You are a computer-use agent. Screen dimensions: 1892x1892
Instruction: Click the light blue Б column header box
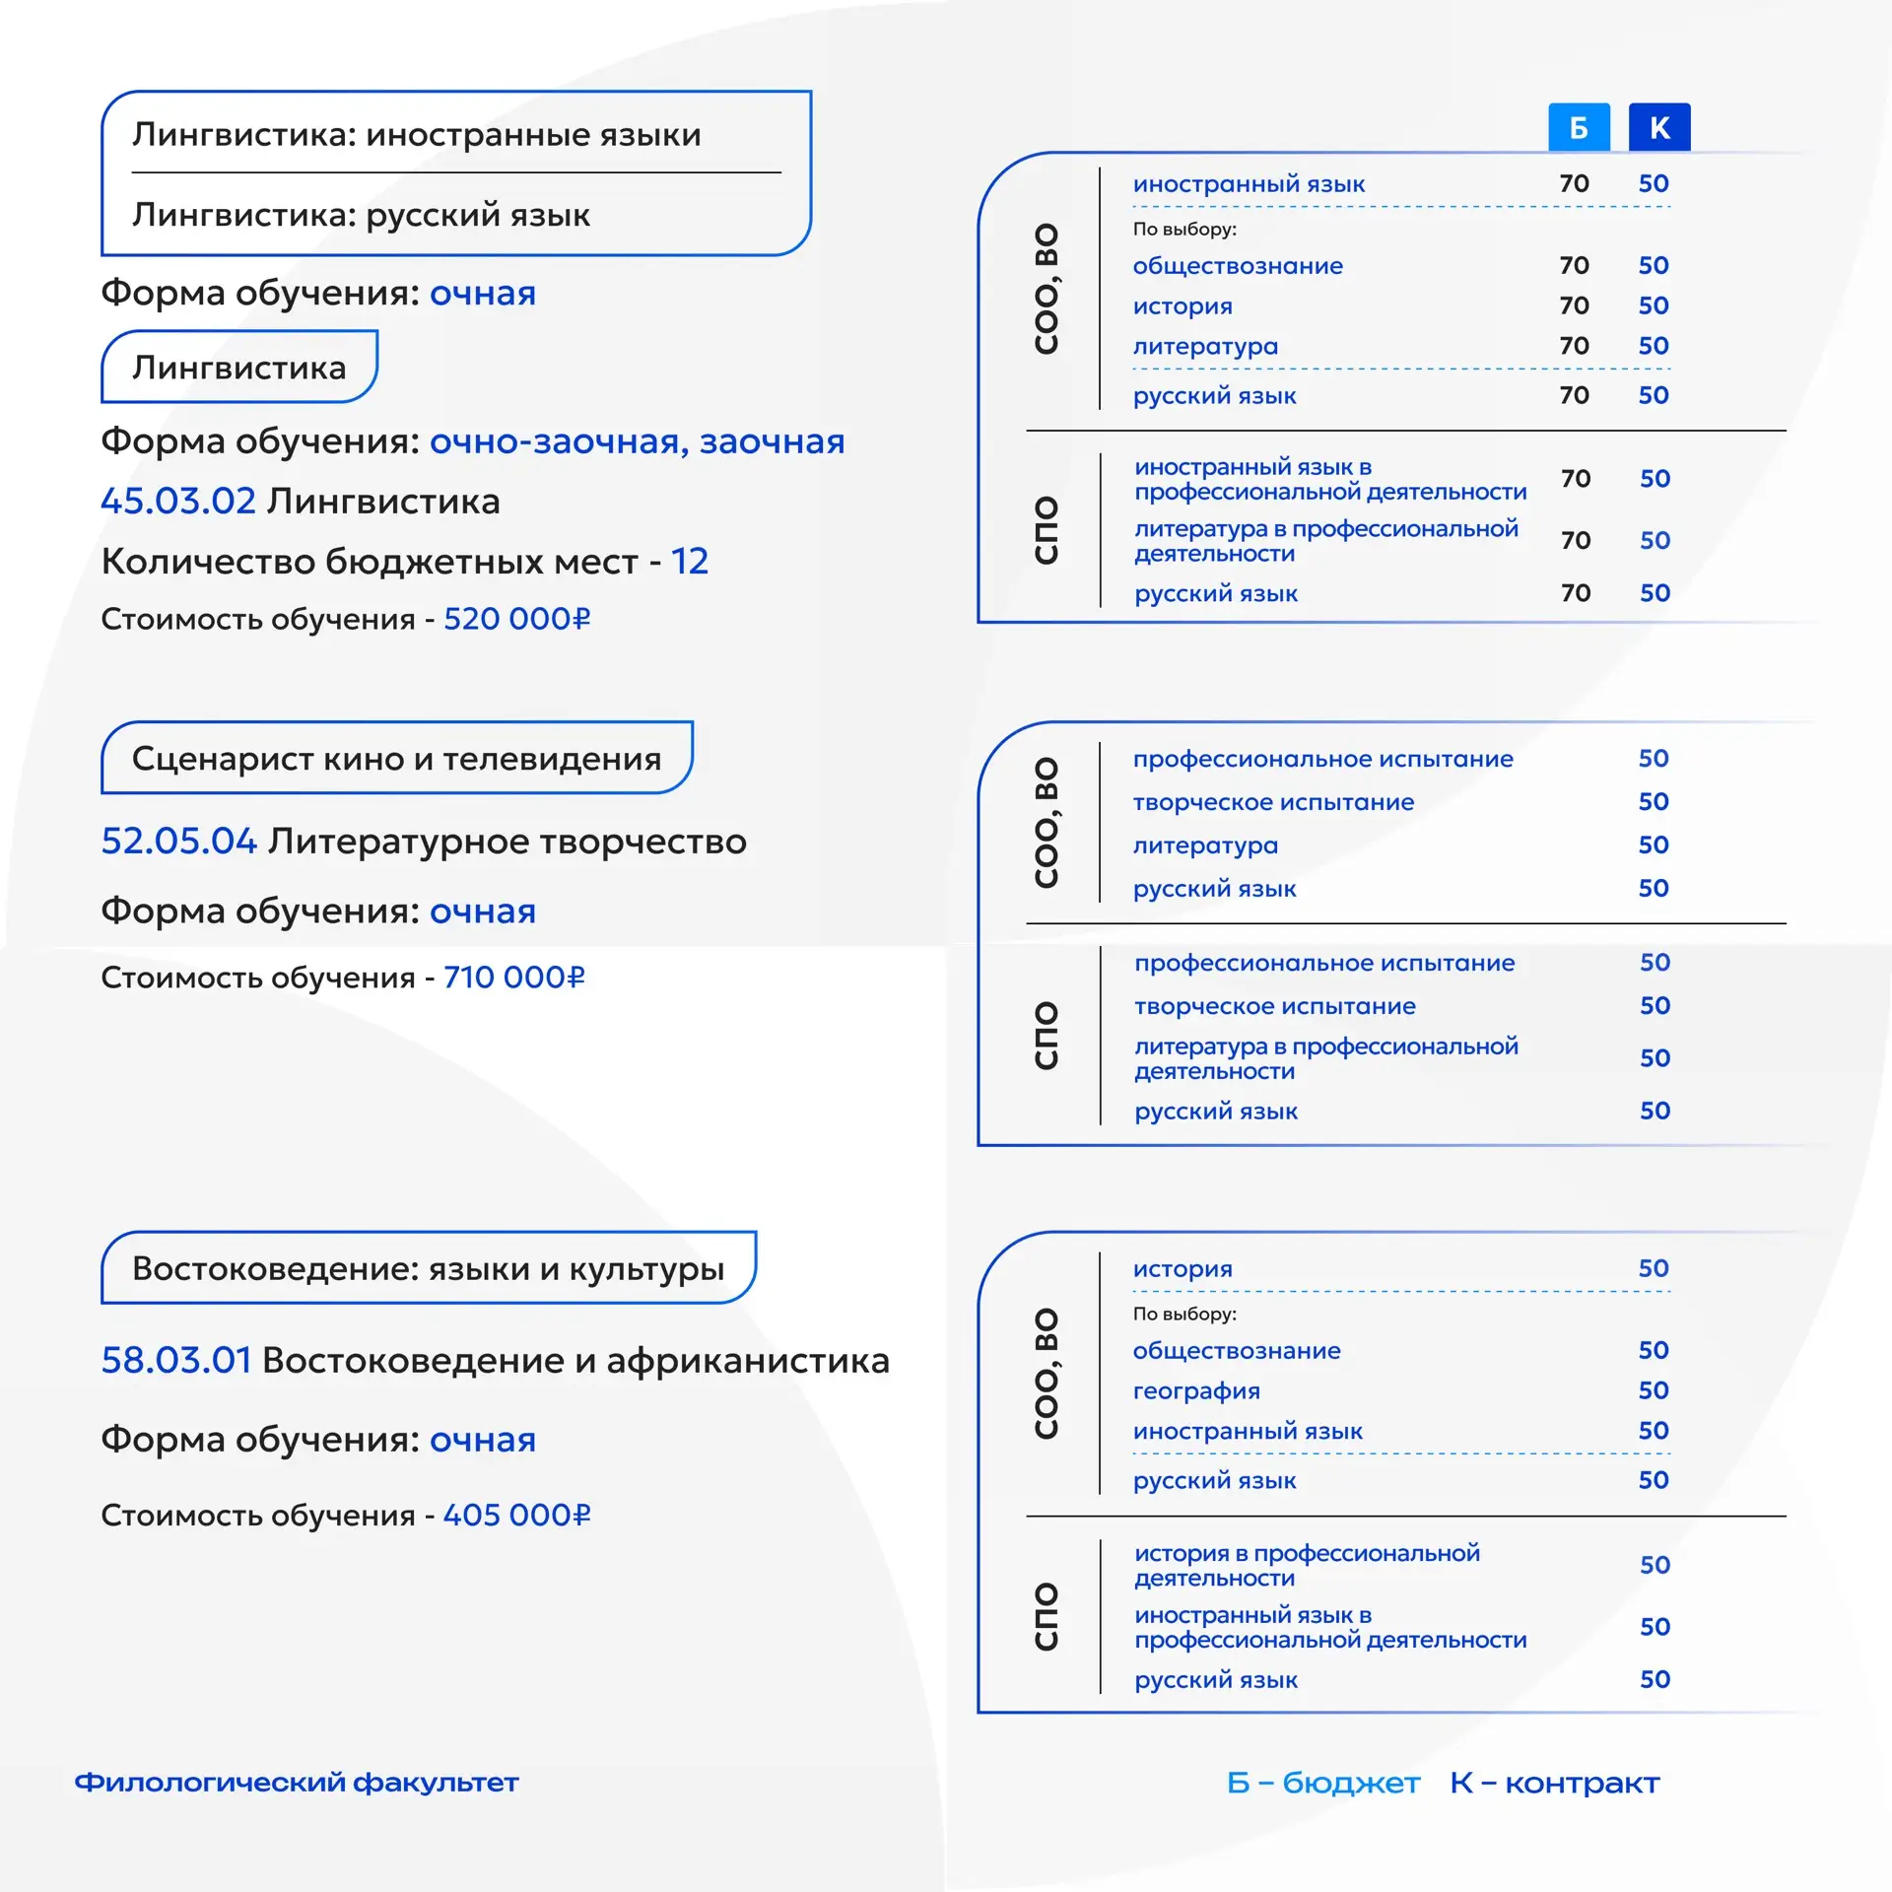[1579, 127]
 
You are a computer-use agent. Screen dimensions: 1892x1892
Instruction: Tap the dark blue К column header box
[1659, 127]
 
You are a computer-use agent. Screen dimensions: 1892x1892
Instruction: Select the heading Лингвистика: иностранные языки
[416, 135]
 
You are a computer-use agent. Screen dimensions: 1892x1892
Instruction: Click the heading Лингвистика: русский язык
[361, 215]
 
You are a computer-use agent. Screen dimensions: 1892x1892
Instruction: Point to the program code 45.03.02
[178, 502]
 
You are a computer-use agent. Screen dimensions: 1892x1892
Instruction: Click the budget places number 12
[690, 562]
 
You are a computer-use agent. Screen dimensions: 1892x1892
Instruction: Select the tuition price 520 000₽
[516, 619]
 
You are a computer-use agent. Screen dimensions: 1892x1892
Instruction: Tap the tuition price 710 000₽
[513, 978]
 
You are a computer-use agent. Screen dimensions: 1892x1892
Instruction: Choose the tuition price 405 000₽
[516, 1515]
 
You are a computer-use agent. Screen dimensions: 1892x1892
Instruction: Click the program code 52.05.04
[178, 842]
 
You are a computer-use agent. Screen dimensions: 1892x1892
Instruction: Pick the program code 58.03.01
[176, 1361]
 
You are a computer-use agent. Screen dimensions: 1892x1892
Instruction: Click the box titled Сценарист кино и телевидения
[396, 759]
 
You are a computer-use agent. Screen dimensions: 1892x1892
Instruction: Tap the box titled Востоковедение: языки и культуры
[428, 1268]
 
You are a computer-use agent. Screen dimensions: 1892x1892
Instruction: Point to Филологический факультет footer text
[297, 1783]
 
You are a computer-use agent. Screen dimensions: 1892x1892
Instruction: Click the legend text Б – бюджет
[1322, 1783]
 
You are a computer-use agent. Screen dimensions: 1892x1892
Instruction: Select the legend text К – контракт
[1554, 1783]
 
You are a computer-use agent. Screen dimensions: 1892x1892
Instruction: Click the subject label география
[1196, 1390]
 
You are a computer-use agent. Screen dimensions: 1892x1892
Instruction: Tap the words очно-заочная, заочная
[637, 441]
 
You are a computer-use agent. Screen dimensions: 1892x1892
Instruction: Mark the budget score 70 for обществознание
[1574, 265]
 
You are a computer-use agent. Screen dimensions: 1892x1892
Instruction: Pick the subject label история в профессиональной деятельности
[1307, 1565]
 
